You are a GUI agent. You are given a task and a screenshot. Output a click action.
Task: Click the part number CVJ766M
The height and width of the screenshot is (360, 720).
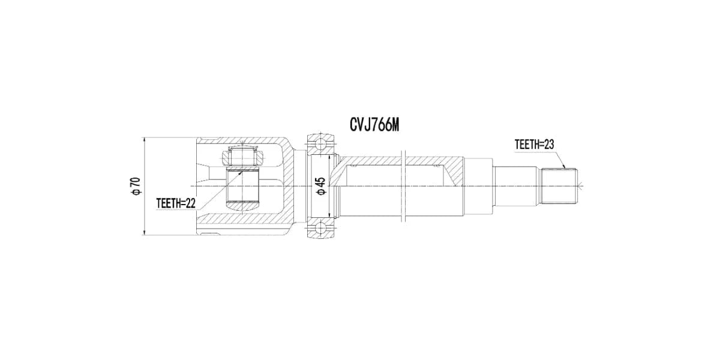pos(374,125)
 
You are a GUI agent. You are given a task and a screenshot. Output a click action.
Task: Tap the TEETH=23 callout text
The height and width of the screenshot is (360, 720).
pos(534,145)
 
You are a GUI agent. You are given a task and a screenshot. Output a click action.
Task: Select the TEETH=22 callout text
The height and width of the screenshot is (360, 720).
pos(176,203)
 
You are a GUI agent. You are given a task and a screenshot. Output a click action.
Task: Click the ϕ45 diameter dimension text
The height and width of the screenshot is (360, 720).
pos(321,186)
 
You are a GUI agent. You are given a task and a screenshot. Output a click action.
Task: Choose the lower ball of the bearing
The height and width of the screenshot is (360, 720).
pos(320,228)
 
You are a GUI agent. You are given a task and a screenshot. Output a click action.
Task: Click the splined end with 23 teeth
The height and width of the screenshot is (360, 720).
pos(559,186)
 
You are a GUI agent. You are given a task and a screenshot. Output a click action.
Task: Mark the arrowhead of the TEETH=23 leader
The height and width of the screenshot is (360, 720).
pos(564,167)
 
